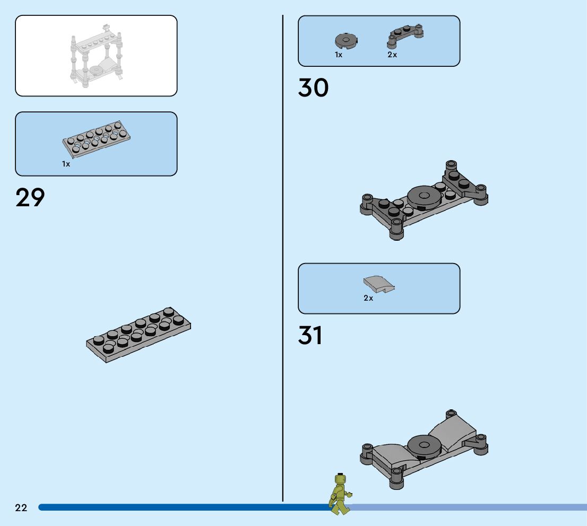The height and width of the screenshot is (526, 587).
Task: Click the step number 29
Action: (x=30, y=197)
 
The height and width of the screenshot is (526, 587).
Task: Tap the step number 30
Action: (x=313, y=88)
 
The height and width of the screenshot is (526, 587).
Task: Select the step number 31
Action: (x=310, y=336)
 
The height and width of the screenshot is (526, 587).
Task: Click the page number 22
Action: (x=21, y=508)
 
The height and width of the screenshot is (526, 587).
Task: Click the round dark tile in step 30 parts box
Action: (x=346, y=40)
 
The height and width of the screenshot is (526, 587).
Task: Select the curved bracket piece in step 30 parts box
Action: (x=406, y=36)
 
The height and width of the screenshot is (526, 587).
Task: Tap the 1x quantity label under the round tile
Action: (x=339, y=55)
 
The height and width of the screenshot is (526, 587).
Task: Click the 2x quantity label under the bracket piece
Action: (x=392, y=55)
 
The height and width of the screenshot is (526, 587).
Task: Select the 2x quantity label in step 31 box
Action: (x=368, y=298)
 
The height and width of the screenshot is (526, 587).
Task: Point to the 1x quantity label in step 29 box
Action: (x=66, y=164)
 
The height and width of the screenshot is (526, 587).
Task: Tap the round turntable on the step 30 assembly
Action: (x=424, y=196)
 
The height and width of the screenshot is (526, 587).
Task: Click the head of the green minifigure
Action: (x=340, y=480)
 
